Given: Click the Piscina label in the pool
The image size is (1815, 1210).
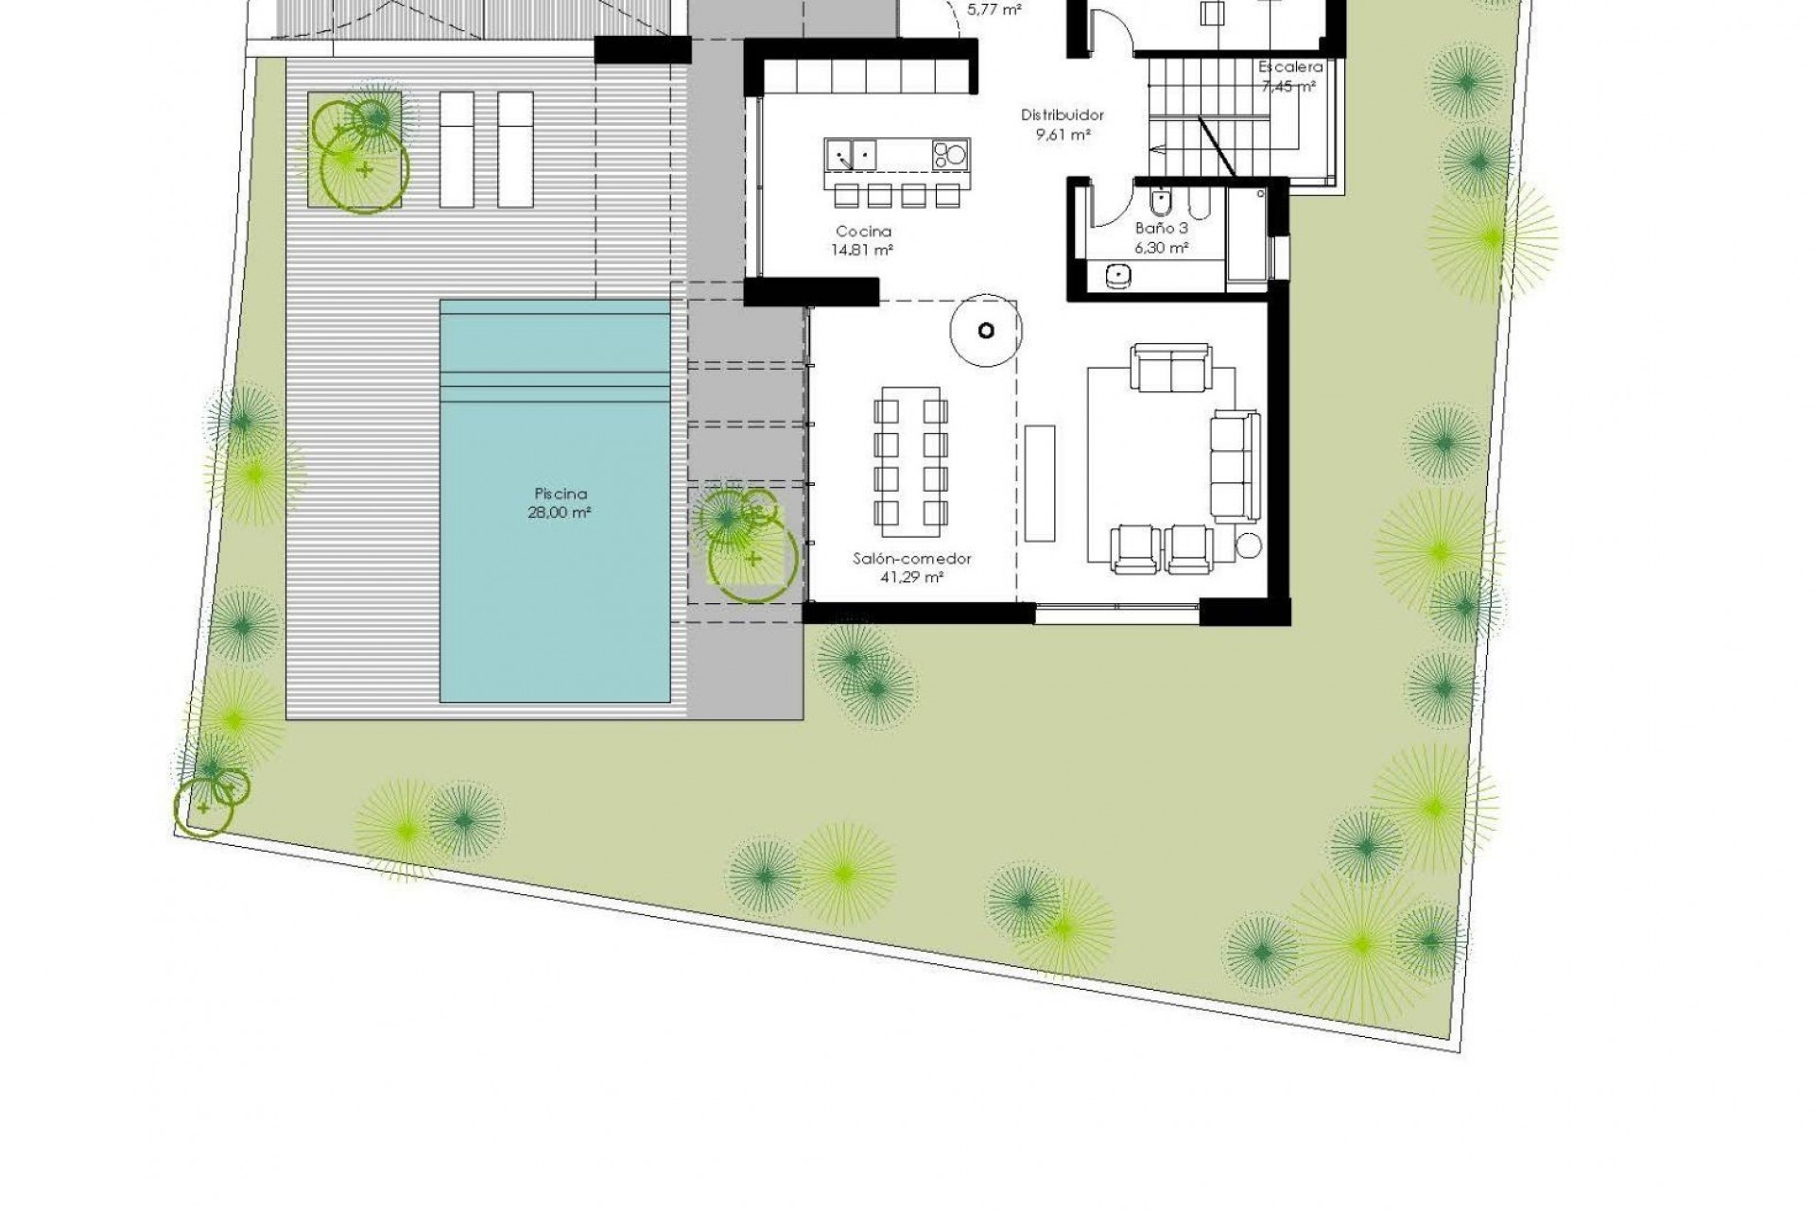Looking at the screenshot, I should pyautogui.click(x=561, y=493).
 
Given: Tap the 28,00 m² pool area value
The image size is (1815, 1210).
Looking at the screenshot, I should pyautogui.click(x=561, y=513).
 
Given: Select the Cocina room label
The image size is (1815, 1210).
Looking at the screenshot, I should pyautogui.click(x=863, y=232).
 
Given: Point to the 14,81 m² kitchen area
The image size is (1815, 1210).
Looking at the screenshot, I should pyautogui.click(x=863, y=251).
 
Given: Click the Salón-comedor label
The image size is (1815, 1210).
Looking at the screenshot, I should pyautogui.click(x=912, y=559).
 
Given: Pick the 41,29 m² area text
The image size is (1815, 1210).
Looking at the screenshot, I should pyautogui.click(x=912, y=578).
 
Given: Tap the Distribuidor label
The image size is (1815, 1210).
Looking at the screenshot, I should pyautogui.click(x=1063, y=115).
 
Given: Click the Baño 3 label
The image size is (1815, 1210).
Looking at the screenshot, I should pyautogui.click(x=1161, y=229).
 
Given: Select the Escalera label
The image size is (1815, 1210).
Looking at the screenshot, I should pyautogui.click(x=1290, y=67).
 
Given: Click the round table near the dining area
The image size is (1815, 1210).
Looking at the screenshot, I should pyautogui.click(x=986, y=330).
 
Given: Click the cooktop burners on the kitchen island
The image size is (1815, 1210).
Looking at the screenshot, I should pyautogui.click(x=951, y=154).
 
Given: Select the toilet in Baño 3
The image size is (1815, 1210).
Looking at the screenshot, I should pyautogui.click(x=1159, y=200).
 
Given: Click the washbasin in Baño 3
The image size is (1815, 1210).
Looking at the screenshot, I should pyautogui.click(x=1119, y=275).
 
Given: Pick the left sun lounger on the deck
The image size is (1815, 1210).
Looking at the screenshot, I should pyautogui.click(x=457, y=149).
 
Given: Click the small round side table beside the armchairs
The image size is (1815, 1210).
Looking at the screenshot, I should pyautogui.click(x=1249, y=546).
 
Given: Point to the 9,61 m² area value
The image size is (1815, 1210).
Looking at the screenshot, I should pyautogui.click(x=1063, y=134).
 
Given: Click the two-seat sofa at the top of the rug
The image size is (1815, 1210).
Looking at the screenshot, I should pyautogui.click(x=1171, y=369).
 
